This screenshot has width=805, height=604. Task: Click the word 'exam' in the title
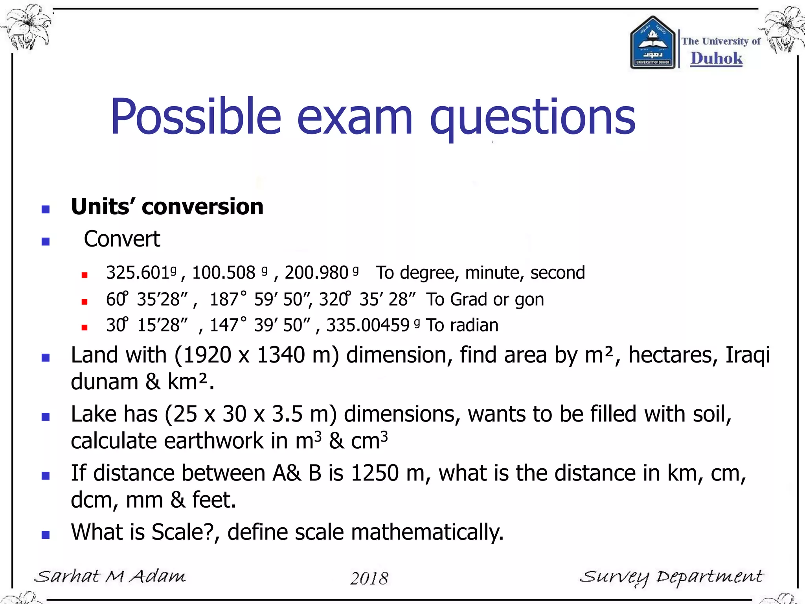coord(355,117)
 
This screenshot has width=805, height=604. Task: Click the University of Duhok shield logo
coord(652,43)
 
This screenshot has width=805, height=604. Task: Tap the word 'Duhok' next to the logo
coord(716,58)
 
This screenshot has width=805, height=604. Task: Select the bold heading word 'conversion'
coord(202,207)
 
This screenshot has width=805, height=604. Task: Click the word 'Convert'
coord(122,239)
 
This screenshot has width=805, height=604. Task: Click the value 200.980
coord(316,273)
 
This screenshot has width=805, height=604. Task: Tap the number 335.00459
coord(368,326)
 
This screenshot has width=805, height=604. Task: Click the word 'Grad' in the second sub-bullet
coord(469,300)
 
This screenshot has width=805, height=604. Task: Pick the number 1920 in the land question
coord(207,355)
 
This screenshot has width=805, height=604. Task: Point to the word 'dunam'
coord(104,382)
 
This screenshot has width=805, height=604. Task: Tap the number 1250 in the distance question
coord(375,473)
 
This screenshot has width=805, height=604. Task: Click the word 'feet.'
coord(214,500)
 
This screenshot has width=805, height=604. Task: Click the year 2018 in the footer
coord(369,578)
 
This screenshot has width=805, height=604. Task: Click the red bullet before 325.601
coord(84,275)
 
